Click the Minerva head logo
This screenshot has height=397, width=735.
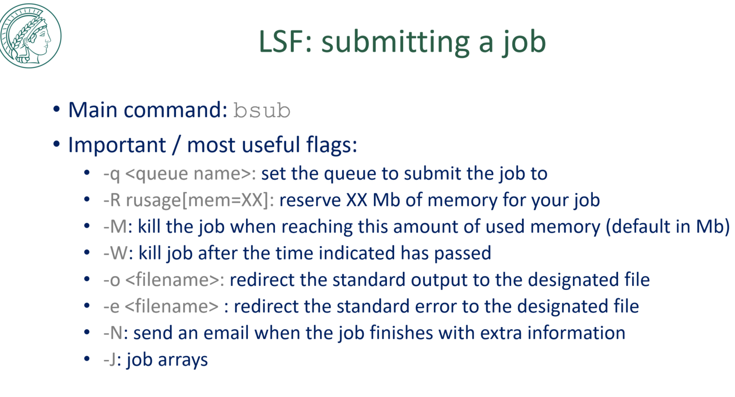(30, 36)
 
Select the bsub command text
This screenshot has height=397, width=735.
(261, 111)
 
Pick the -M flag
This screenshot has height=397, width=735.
(115, 227)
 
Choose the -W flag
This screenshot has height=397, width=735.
(116, 253)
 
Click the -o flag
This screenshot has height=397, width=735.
(111, 280)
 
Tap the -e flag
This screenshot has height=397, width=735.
(111, 307)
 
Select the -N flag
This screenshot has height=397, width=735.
(113, 333)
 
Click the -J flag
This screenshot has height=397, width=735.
(110, 360)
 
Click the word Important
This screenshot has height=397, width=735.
(117, 145)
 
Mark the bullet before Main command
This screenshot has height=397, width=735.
(56, 110)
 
